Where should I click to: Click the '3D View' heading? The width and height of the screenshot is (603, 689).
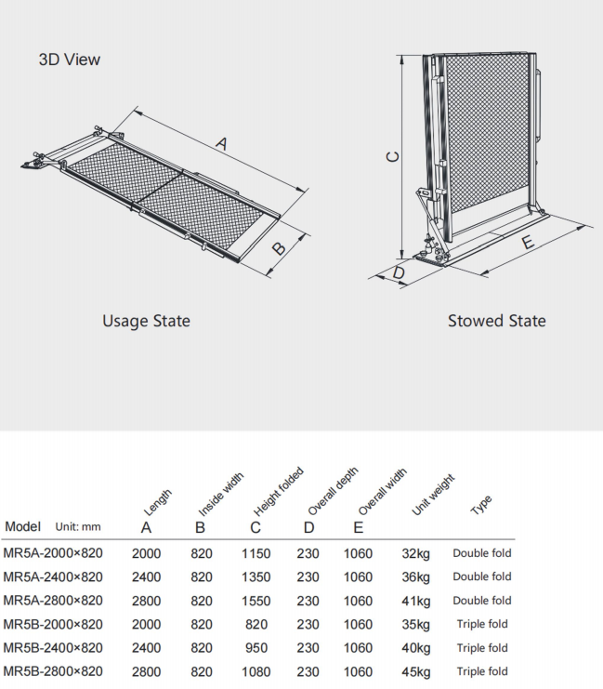pyautogui.click(x=70, y=60)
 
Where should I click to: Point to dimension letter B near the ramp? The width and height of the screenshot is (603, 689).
pyautogui.click(x=277, y=249)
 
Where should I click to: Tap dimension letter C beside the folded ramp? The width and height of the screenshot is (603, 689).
pyautogui.click(x=392, y=156)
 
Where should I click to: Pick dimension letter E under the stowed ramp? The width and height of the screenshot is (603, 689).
pyautogui.click(x=528, y=244)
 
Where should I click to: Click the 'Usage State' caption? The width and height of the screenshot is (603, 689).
pyautogui.click(x=146, y=321)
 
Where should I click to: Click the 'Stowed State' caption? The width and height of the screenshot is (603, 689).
pyautogui.click(x=497, y=321)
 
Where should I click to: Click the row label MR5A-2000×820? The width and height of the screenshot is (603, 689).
pyautogui.click(x=53, y=553)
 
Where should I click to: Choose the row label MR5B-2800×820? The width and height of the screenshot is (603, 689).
pyautogui.click(x=53, y=671)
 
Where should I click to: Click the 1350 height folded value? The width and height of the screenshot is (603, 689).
pyautogui.click(x=256, y=576)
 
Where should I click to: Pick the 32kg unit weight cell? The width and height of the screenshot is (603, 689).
pyautogui.click(x=416, y=553)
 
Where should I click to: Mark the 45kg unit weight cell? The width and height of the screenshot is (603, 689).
pyautogui.click(x=416, y=671)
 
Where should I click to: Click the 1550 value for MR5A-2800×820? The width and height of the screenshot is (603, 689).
pyautogui.click(x=256, y=601)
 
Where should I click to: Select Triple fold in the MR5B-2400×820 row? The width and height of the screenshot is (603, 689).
pyautogui.click(x=482, y=648)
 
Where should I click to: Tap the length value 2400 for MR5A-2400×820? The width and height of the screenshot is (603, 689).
pyautogui.click(x=146, y=576)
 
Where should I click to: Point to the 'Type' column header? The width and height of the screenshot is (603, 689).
pyautogui.click(x=480, y=505)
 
